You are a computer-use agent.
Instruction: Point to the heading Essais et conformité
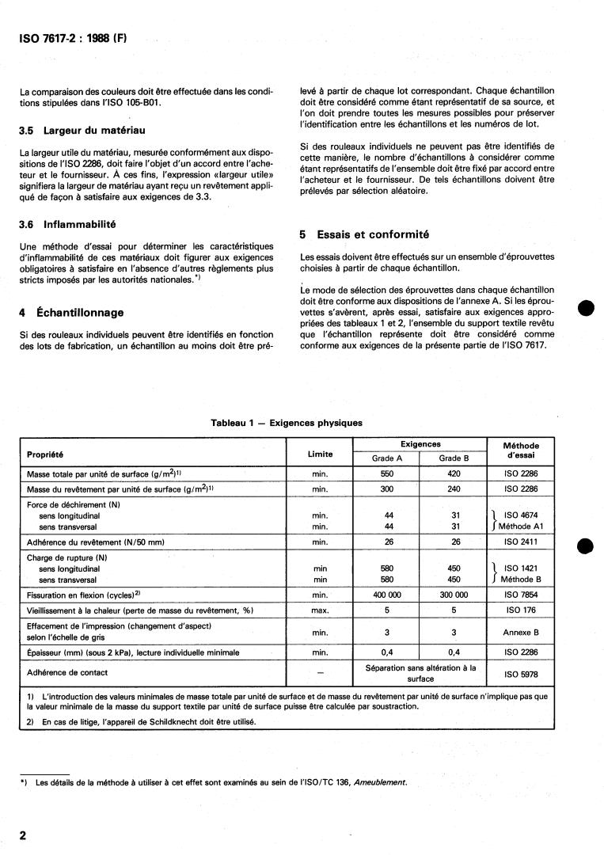coord(364,234)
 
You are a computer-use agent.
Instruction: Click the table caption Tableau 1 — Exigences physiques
coord(287,423)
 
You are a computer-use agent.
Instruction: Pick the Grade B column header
coord(454,458)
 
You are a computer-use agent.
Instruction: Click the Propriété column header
coord(45,454)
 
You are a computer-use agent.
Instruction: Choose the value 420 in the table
coord(454,473)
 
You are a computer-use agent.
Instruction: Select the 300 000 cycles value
coord(454,593)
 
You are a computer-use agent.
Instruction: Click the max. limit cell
coord(320,610)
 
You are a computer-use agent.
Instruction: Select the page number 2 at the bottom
coord(24,835)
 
